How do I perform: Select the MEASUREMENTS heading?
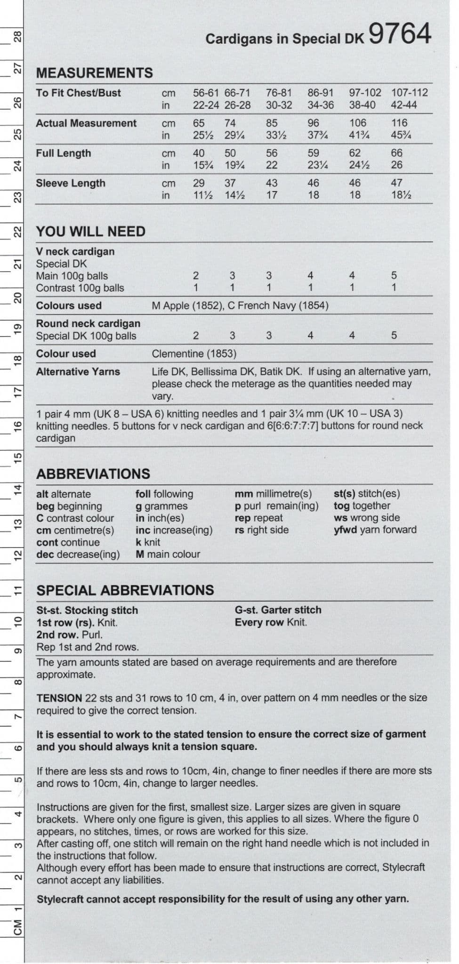(95, 73)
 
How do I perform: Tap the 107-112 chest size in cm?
(409, 93)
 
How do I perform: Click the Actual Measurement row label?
(86, 123)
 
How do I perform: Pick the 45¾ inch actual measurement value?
(401, 135)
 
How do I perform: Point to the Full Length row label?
(64, 153)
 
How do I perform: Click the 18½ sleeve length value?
(401, 195)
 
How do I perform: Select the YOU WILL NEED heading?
(91, 232)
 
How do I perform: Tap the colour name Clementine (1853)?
(194, 354)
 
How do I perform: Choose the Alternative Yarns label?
(78, 372)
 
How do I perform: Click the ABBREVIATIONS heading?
(93, 474)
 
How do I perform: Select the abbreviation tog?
(341, 506)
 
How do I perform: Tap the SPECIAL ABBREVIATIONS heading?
(125, 590)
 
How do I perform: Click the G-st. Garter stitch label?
(278, 610)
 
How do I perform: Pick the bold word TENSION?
(59, 698)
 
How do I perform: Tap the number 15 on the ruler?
(17, 458)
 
